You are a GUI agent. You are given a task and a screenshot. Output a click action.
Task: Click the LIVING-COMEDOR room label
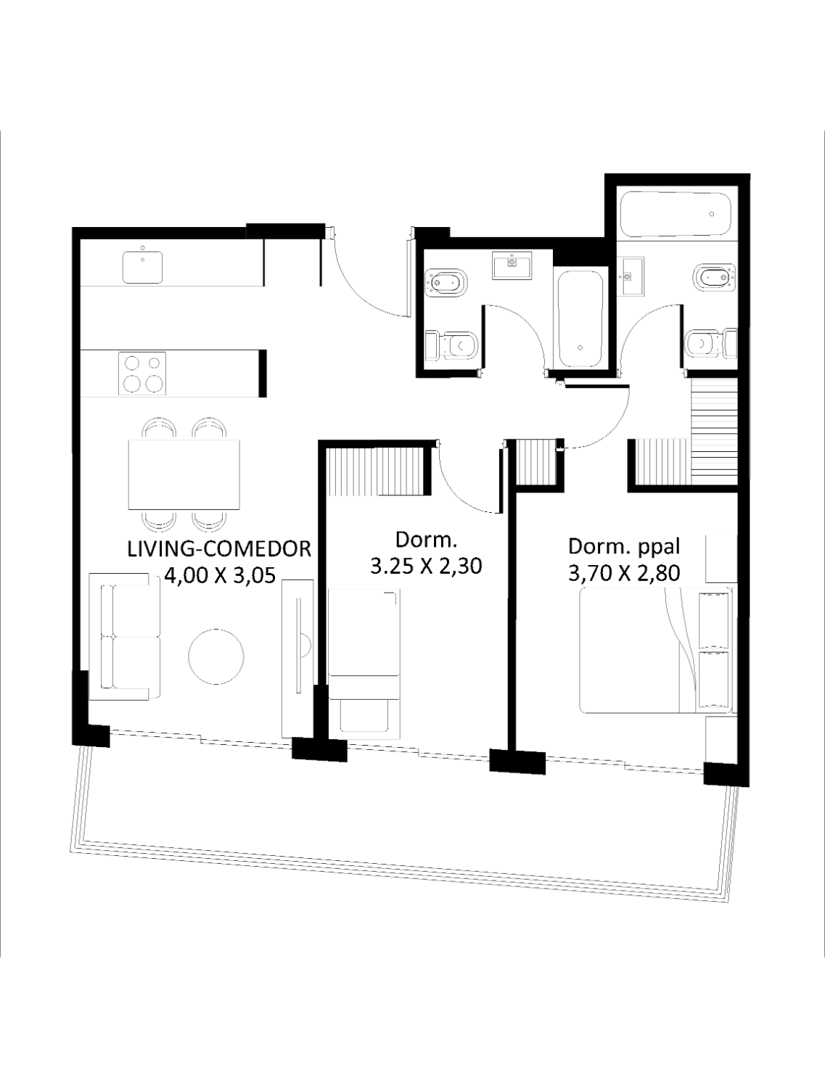219,549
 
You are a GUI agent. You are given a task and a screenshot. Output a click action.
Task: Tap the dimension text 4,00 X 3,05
219,576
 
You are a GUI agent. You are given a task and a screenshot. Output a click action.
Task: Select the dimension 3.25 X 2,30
426,566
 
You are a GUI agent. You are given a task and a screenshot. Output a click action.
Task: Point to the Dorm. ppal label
624,547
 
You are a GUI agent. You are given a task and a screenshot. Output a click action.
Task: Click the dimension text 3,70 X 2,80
624,574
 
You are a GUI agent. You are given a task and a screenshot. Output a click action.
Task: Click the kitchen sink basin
143,267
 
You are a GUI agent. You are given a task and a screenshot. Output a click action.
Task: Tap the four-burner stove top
141,374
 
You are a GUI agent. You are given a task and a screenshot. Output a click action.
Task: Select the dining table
184,474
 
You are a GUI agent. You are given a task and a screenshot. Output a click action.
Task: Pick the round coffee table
216,656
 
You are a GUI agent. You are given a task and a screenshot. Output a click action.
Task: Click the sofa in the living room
125,637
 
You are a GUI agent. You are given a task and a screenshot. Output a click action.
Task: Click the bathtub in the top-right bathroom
676,214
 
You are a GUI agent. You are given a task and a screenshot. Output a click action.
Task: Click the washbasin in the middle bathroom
512,265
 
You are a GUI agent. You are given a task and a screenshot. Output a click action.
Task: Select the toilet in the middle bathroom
451,345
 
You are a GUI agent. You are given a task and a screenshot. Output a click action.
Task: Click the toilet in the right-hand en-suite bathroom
712,342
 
